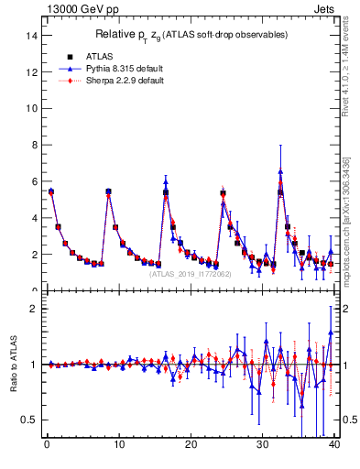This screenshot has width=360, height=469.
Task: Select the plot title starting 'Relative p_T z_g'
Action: (191, 35)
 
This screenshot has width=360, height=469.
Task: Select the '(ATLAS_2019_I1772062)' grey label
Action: (191, 274)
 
